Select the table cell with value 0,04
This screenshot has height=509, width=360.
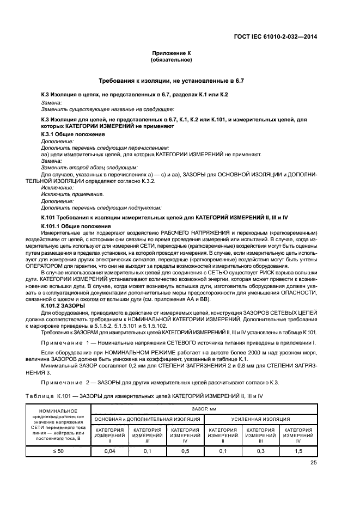click(x=109, y=451)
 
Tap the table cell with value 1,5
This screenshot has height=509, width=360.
click(x=297, y=451)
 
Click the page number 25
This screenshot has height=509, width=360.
click(x=314, y=463)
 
